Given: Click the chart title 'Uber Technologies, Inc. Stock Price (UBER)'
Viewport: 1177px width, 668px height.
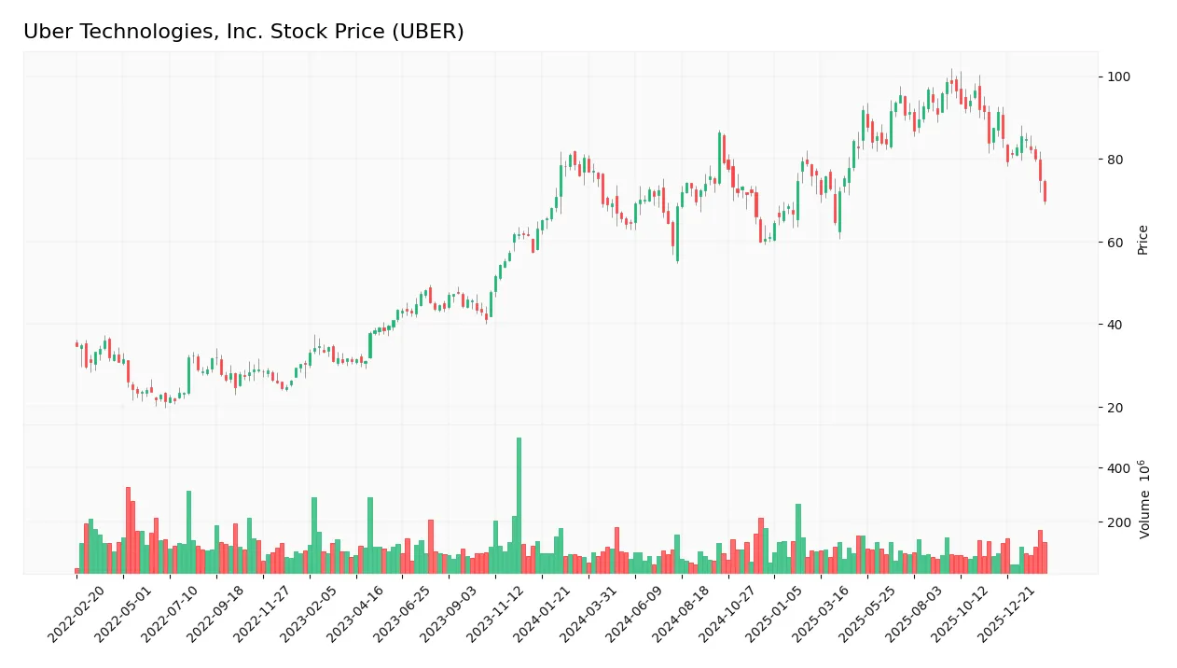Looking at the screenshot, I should point(243,32).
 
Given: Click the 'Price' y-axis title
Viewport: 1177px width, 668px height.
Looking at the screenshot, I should point(1142,240).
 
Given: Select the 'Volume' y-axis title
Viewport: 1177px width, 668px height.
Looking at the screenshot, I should point(1142,499).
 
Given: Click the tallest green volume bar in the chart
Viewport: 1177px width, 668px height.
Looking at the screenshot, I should point(519,505).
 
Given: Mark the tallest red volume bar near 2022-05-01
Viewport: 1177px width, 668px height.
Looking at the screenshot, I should point(128,530).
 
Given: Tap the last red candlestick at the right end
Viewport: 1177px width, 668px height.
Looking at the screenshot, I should point(1045,191).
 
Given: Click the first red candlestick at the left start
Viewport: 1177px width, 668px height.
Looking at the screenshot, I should point(76,344).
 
